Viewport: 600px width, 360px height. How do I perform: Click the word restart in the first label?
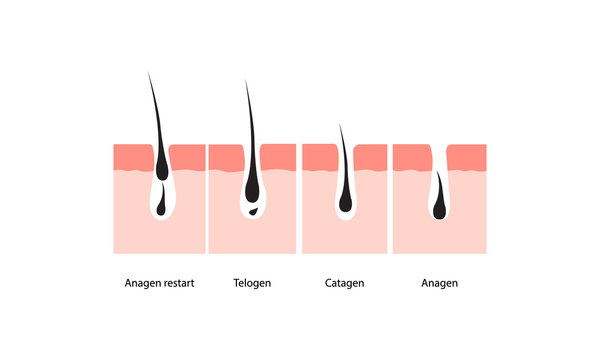click(176, 283)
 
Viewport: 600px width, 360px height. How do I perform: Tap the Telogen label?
click(251, 283)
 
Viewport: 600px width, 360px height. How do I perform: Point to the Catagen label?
click(344, 283)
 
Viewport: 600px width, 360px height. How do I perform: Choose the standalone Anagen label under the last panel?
click(440, 283)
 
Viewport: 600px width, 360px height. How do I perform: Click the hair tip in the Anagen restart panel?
click(149, 74)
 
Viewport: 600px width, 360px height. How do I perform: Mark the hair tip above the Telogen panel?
click(246, 82)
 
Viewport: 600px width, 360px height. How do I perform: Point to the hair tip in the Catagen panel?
click(341, 126)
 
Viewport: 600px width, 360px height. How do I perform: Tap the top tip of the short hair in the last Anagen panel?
click(436, 173)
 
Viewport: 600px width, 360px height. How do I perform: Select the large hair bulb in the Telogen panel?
click(252, 190)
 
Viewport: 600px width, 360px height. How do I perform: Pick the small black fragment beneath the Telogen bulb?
click(254, 212)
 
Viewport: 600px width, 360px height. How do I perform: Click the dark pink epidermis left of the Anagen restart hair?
click(130, 156)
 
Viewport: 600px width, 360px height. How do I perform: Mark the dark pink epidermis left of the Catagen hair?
click(318, 156)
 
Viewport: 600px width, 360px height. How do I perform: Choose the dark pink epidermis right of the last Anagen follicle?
click(467, 156)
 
